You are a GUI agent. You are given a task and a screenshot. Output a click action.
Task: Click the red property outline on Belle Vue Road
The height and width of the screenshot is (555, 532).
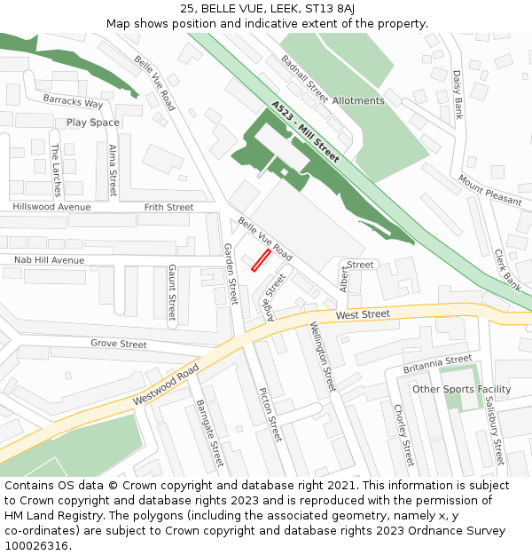tap(260, 260)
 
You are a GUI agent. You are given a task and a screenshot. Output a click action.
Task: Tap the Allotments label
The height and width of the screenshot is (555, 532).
tap(358, 100)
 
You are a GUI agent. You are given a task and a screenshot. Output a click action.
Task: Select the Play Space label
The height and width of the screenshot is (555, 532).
tap(93, 123)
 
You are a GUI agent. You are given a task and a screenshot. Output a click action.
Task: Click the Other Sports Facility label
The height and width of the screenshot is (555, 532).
tap(461, 389)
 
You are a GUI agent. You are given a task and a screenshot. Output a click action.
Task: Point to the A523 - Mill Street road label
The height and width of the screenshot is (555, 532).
tap(305, 131)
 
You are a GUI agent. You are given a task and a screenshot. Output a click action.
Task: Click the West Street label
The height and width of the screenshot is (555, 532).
tap(363, 314)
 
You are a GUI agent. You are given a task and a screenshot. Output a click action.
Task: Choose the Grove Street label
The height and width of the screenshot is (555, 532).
tap(119, 344)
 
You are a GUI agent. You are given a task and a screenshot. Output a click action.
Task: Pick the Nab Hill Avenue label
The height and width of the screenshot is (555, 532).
tap(49, 260)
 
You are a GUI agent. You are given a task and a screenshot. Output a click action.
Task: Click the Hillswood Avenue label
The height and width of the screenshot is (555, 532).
tap(51, 207)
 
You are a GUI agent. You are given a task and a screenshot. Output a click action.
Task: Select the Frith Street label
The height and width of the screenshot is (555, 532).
tap(168, 207)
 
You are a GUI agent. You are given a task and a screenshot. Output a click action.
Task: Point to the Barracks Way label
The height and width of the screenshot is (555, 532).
tap(74, 103)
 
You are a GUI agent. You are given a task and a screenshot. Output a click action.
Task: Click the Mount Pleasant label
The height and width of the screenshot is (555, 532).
tap(489, 189)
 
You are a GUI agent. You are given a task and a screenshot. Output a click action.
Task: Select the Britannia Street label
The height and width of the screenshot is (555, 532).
tap(437, 363)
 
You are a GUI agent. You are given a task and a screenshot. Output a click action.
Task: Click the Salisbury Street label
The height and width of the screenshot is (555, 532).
tap(494, 431)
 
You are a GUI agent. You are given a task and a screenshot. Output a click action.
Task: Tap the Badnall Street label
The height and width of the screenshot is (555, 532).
tap(304, 80)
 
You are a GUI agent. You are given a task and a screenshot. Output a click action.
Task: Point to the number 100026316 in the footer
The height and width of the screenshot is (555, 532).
tap(37, 546)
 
